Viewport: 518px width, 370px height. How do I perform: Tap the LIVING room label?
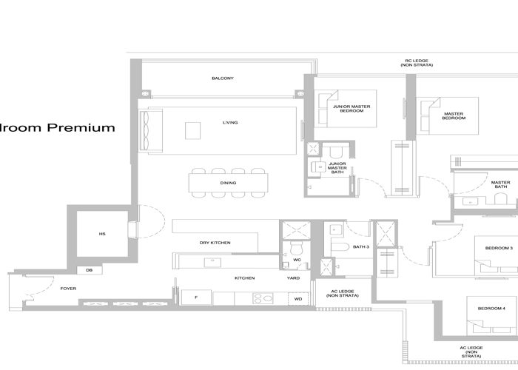click(x=230, y=123)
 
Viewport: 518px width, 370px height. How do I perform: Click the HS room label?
click(x=102, y=234)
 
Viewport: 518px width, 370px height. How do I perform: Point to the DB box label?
click(x=89, y=270)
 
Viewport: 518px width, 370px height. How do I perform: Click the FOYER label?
click(x=68, y=288)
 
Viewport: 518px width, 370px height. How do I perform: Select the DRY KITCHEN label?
click(x=215, y=243)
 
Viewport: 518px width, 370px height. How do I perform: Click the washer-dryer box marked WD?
click(x=298, y=298)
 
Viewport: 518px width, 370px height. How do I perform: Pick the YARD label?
click(x=293, y=278)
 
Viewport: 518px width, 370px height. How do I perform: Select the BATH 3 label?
click(x=360, y=246)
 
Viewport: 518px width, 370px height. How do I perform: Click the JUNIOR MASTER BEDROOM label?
click(x=351, y=109)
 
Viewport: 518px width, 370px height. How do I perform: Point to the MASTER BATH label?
click(x=500, y=184)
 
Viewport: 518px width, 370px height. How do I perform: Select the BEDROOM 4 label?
click(x=491, y=308)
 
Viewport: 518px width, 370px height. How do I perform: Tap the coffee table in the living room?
click(x=193, y=130)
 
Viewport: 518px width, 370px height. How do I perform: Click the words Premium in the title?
click(x=81, y=127)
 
